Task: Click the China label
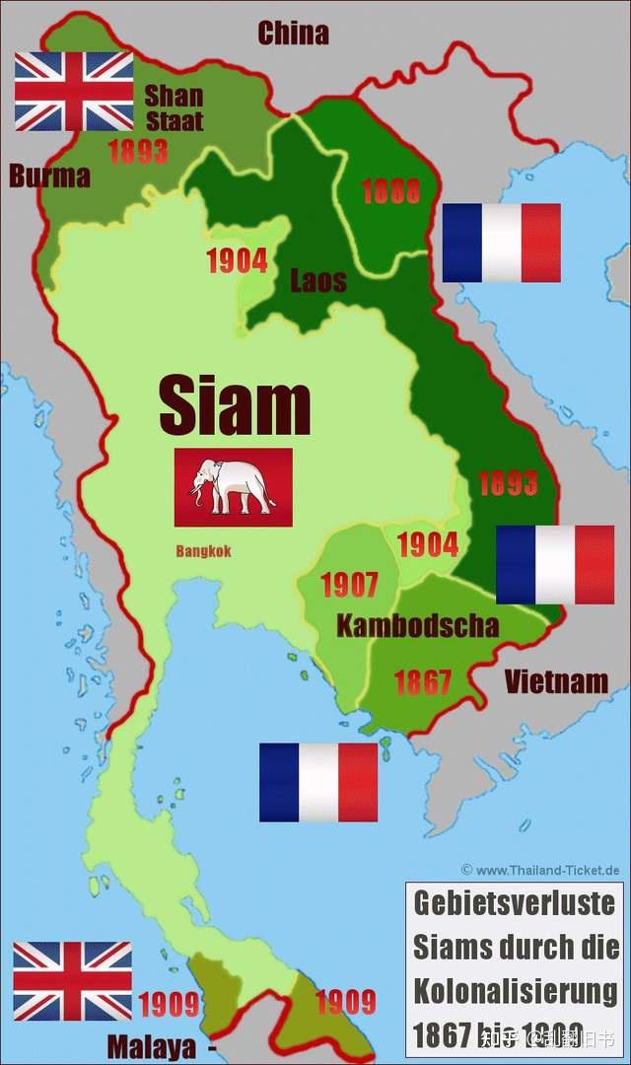pos(293,34)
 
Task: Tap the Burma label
pos(49,177)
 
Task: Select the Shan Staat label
pos(174,108)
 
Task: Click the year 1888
pos(390,191)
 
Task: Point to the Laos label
pos(318,281)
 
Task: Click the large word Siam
pos(235,405)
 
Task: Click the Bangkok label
pos(203,551)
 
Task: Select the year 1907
pos(349,585)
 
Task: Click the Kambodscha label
pos(417,625)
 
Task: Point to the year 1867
pos(422,681)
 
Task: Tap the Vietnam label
pos(556,680)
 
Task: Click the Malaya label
pos(152,1046)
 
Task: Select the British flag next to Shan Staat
pos(74,92)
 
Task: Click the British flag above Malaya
pos(72,981)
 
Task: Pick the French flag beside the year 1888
pos(501,243)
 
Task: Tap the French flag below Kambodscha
pos(318,782)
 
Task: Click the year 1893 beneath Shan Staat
pos(138,153)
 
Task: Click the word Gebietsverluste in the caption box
pos(514,902)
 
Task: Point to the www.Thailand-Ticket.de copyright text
pos(540,870)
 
